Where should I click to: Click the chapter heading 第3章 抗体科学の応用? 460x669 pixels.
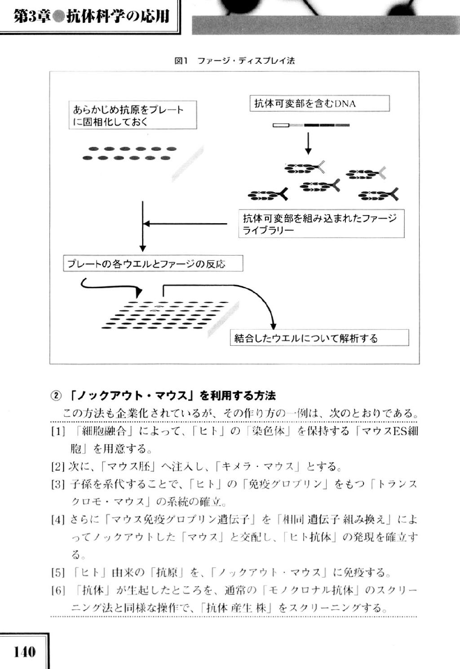tap(91, 16)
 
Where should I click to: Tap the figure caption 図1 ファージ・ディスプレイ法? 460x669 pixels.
tap(234, 61)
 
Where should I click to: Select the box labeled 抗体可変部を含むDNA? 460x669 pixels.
tap(319, 103)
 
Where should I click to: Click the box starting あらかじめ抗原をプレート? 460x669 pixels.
tap(133, 115)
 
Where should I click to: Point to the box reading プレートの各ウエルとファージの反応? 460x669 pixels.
tap(153, 263)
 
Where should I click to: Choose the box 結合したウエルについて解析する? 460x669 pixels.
tap(319, 338)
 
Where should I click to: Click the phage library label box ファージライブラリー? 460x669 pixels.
tap(321, 224)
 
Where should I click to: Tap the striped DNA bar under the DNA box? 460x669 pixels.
tap(311, 125)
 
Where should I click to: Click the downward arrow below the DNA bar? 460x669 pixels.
tap(308, 144)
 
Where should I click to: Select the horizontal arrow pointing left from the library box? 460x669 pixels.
tap(185, 224)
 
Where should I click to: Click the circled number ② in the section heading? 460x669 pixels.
tap(56, 396)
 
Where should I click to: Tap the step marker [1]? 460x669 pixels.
tap(58, 431)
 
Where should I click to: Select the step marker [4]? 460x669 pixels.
tap(58, 520)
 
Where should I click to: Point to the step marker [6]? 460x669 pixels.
tap(58, 590)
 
